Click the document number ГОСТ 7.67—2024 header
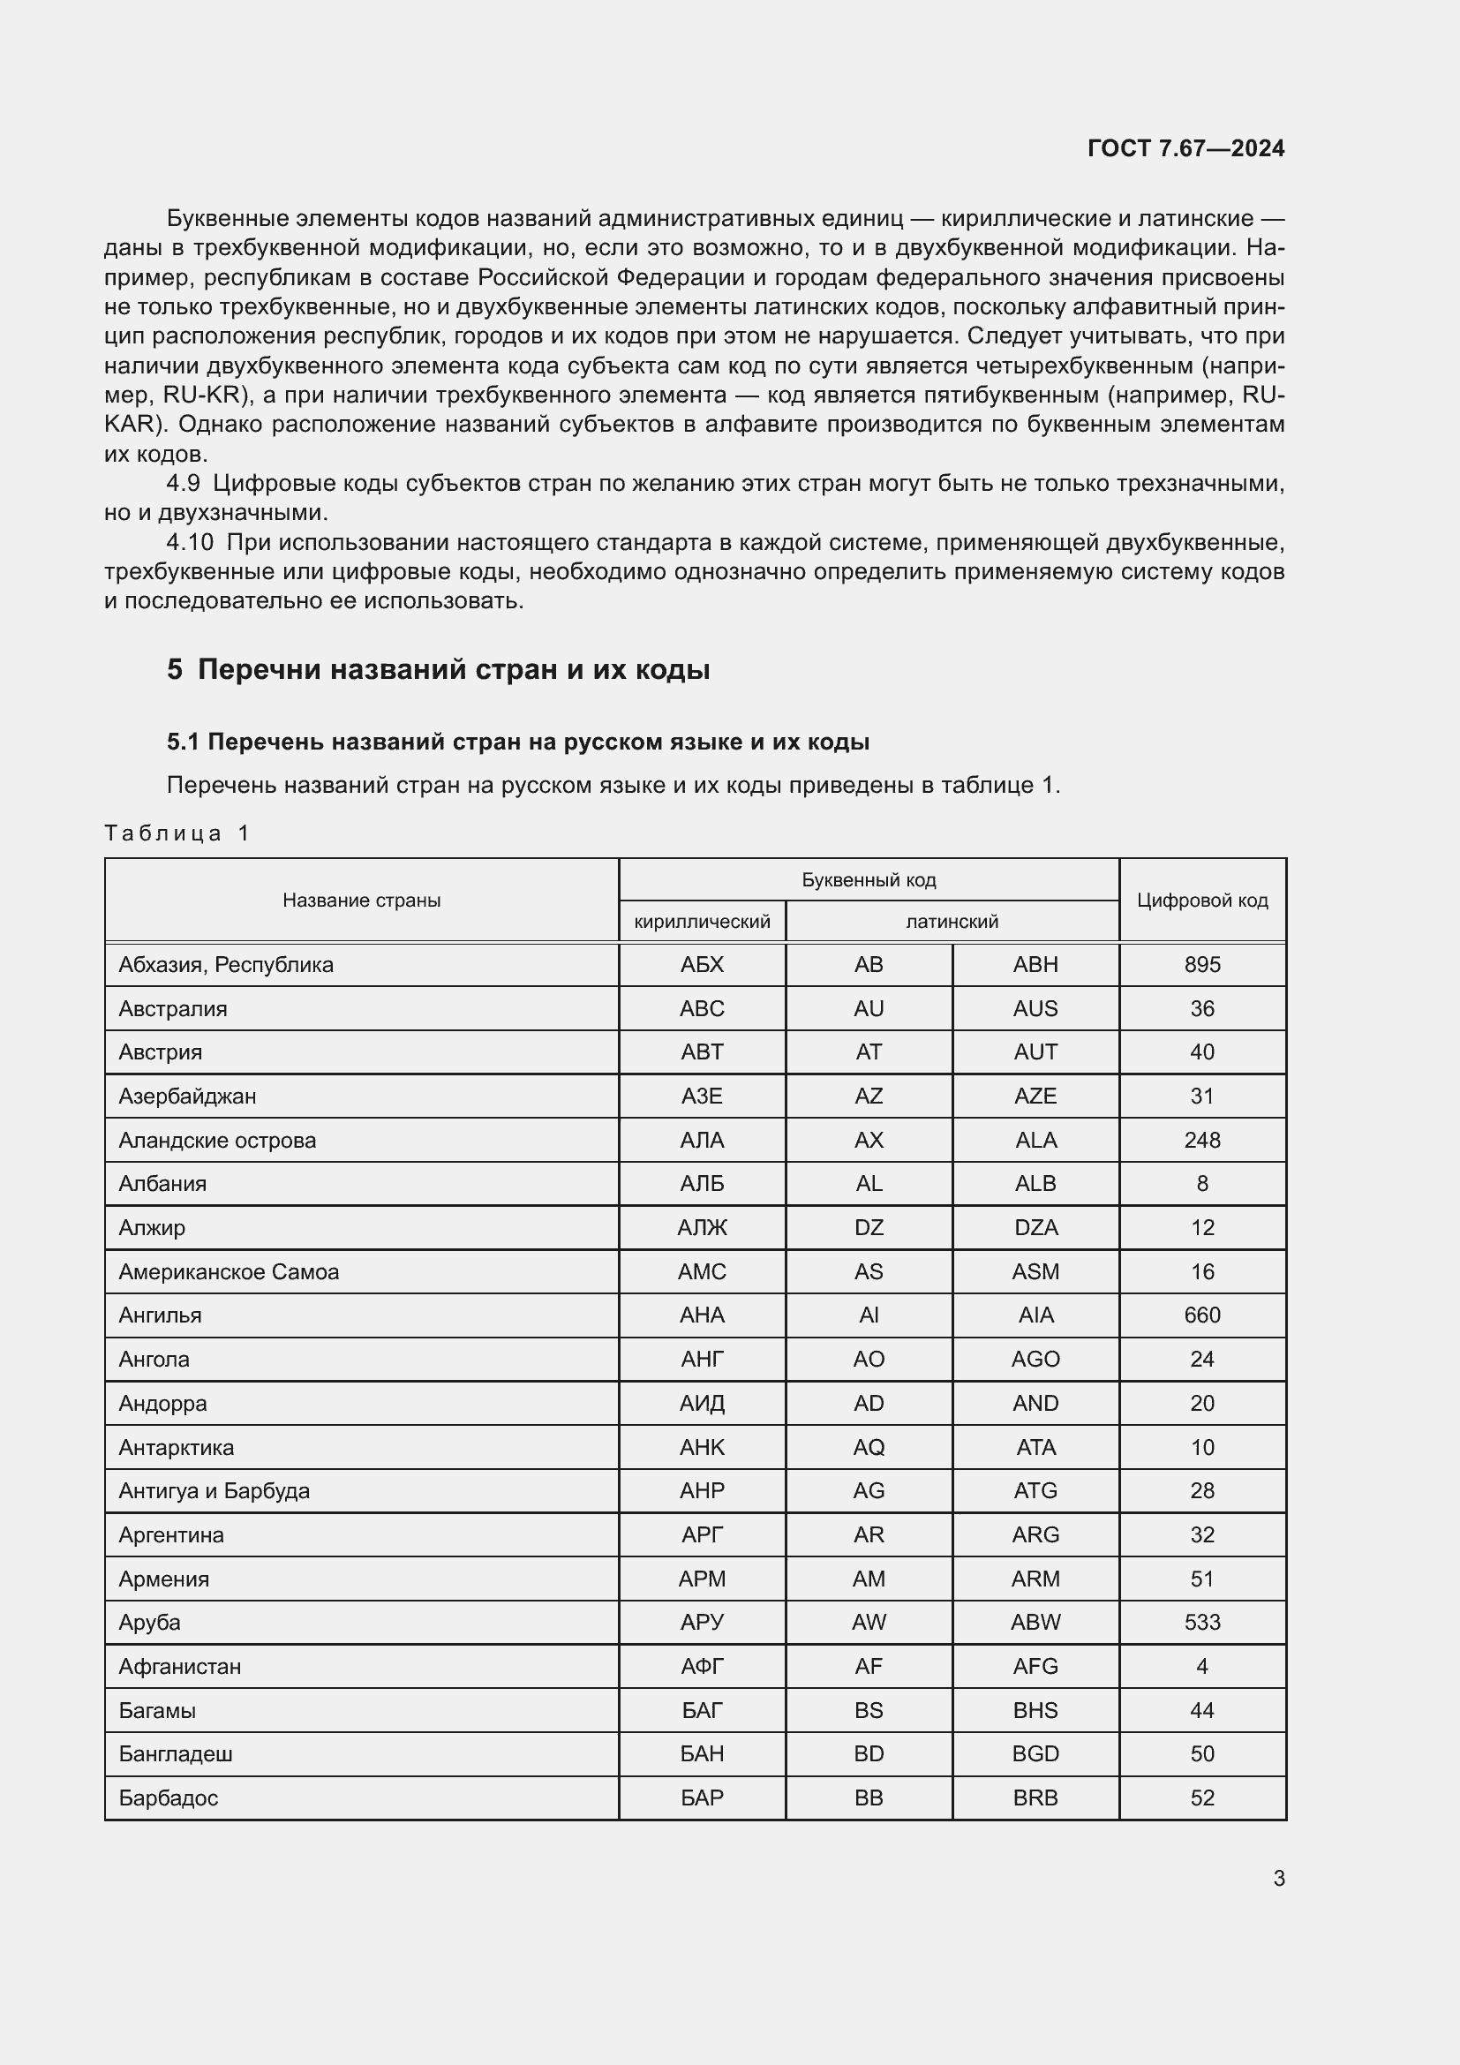(1185, 148)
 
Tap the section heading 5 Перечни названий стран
(438, 669)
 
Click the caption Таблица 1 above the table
(177, 833)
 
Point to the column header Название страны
(361, 901)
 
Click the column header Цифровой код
(1202, 901)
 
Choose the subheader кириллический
(702, 922)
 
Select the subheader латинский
(952, 922)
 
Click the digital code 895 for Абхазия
(1202, 965)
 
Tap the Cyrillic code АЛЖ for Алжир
(702, 1228)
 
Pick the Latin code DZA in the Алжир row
(1035, 1228)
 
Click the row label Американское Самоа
(229, 1271)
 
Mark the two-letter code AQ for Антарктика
(869, 1447)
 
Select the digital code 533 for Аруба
(1202, 1623)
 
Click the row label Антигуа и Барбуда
(214, 1491)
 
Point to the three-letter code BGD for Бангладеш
(1035, 1754)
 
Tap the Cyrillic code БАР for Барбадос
(702, 1797)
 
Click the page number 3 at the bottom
(1278, 1878)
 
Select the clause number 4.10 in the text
(190, 542)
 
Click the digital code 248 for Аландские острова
(1202, 1141)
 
